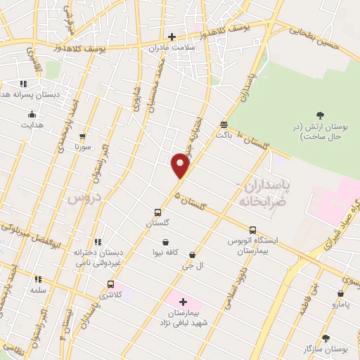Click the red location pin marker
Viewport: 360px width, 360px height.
point(181,166)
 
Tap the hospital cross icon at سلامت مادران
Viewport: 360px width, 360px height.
point(172,37)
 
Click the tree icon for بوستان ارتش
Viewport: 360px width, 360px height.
point(321,115)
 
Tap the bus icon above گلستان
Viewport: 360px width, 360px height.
point(158,212)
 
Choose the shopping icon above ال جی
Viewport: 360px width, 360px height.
point(192,255)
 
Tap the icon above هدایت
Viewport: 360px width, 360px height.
point(32,114)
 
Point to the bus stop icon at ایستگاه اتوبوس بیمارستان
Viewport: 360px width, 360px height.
point(252,229)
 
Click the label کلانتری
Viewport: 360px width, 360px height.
point(110,295)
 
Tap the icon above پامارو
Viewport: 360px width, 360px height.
point(340,294)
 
